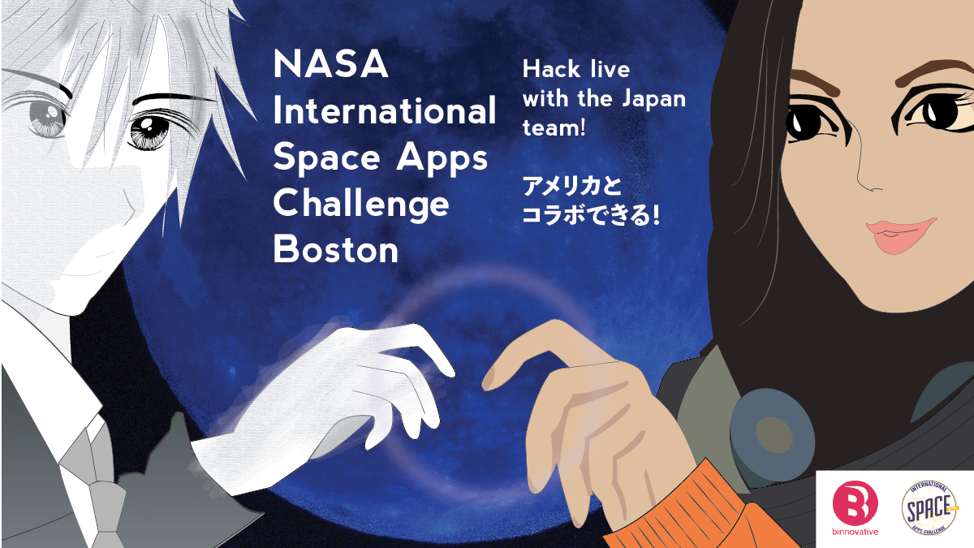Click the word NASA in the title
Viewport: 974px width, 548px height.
pos(331,64)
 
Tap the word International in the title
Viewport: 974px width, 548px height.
pos(385,110)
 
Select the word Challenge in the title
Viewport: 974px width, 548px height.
pos(361,204)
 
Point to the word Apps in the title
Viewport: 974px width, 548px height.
pos(442,159)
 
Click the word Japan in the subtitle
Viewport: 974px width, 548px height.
pos(653,98)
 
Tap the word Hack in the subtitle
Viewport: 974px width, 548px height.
pos(551,69)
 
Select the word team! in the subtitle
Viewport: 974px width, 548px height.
pos(554,128)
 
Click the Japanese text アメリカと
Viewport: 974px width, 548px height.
pos(571,186)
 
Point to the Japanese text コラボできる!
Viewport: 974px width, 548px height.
pos(591,215)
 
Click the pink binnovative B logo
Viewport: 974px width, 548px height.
pos(855,503)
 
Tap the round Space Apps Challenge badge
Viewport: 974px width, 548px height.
pos(929,507)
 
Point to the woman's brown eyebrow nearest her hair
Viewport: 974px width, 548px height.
pos(814,82)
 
